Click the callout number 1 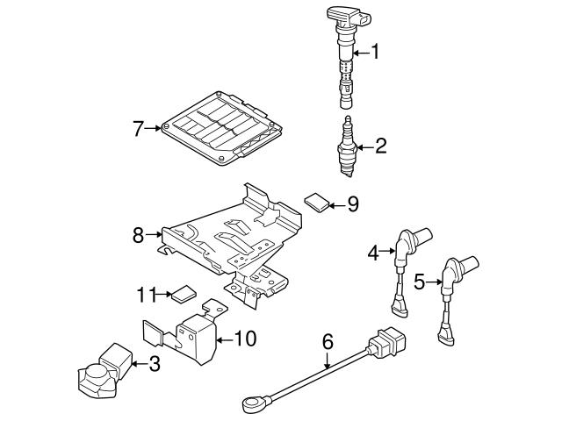376,53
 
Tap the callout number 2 380,146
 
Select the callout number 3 155,362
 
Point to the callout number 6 328,339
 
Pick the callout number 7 138,129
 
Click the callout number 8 138,235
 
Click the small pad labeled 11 183,293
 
